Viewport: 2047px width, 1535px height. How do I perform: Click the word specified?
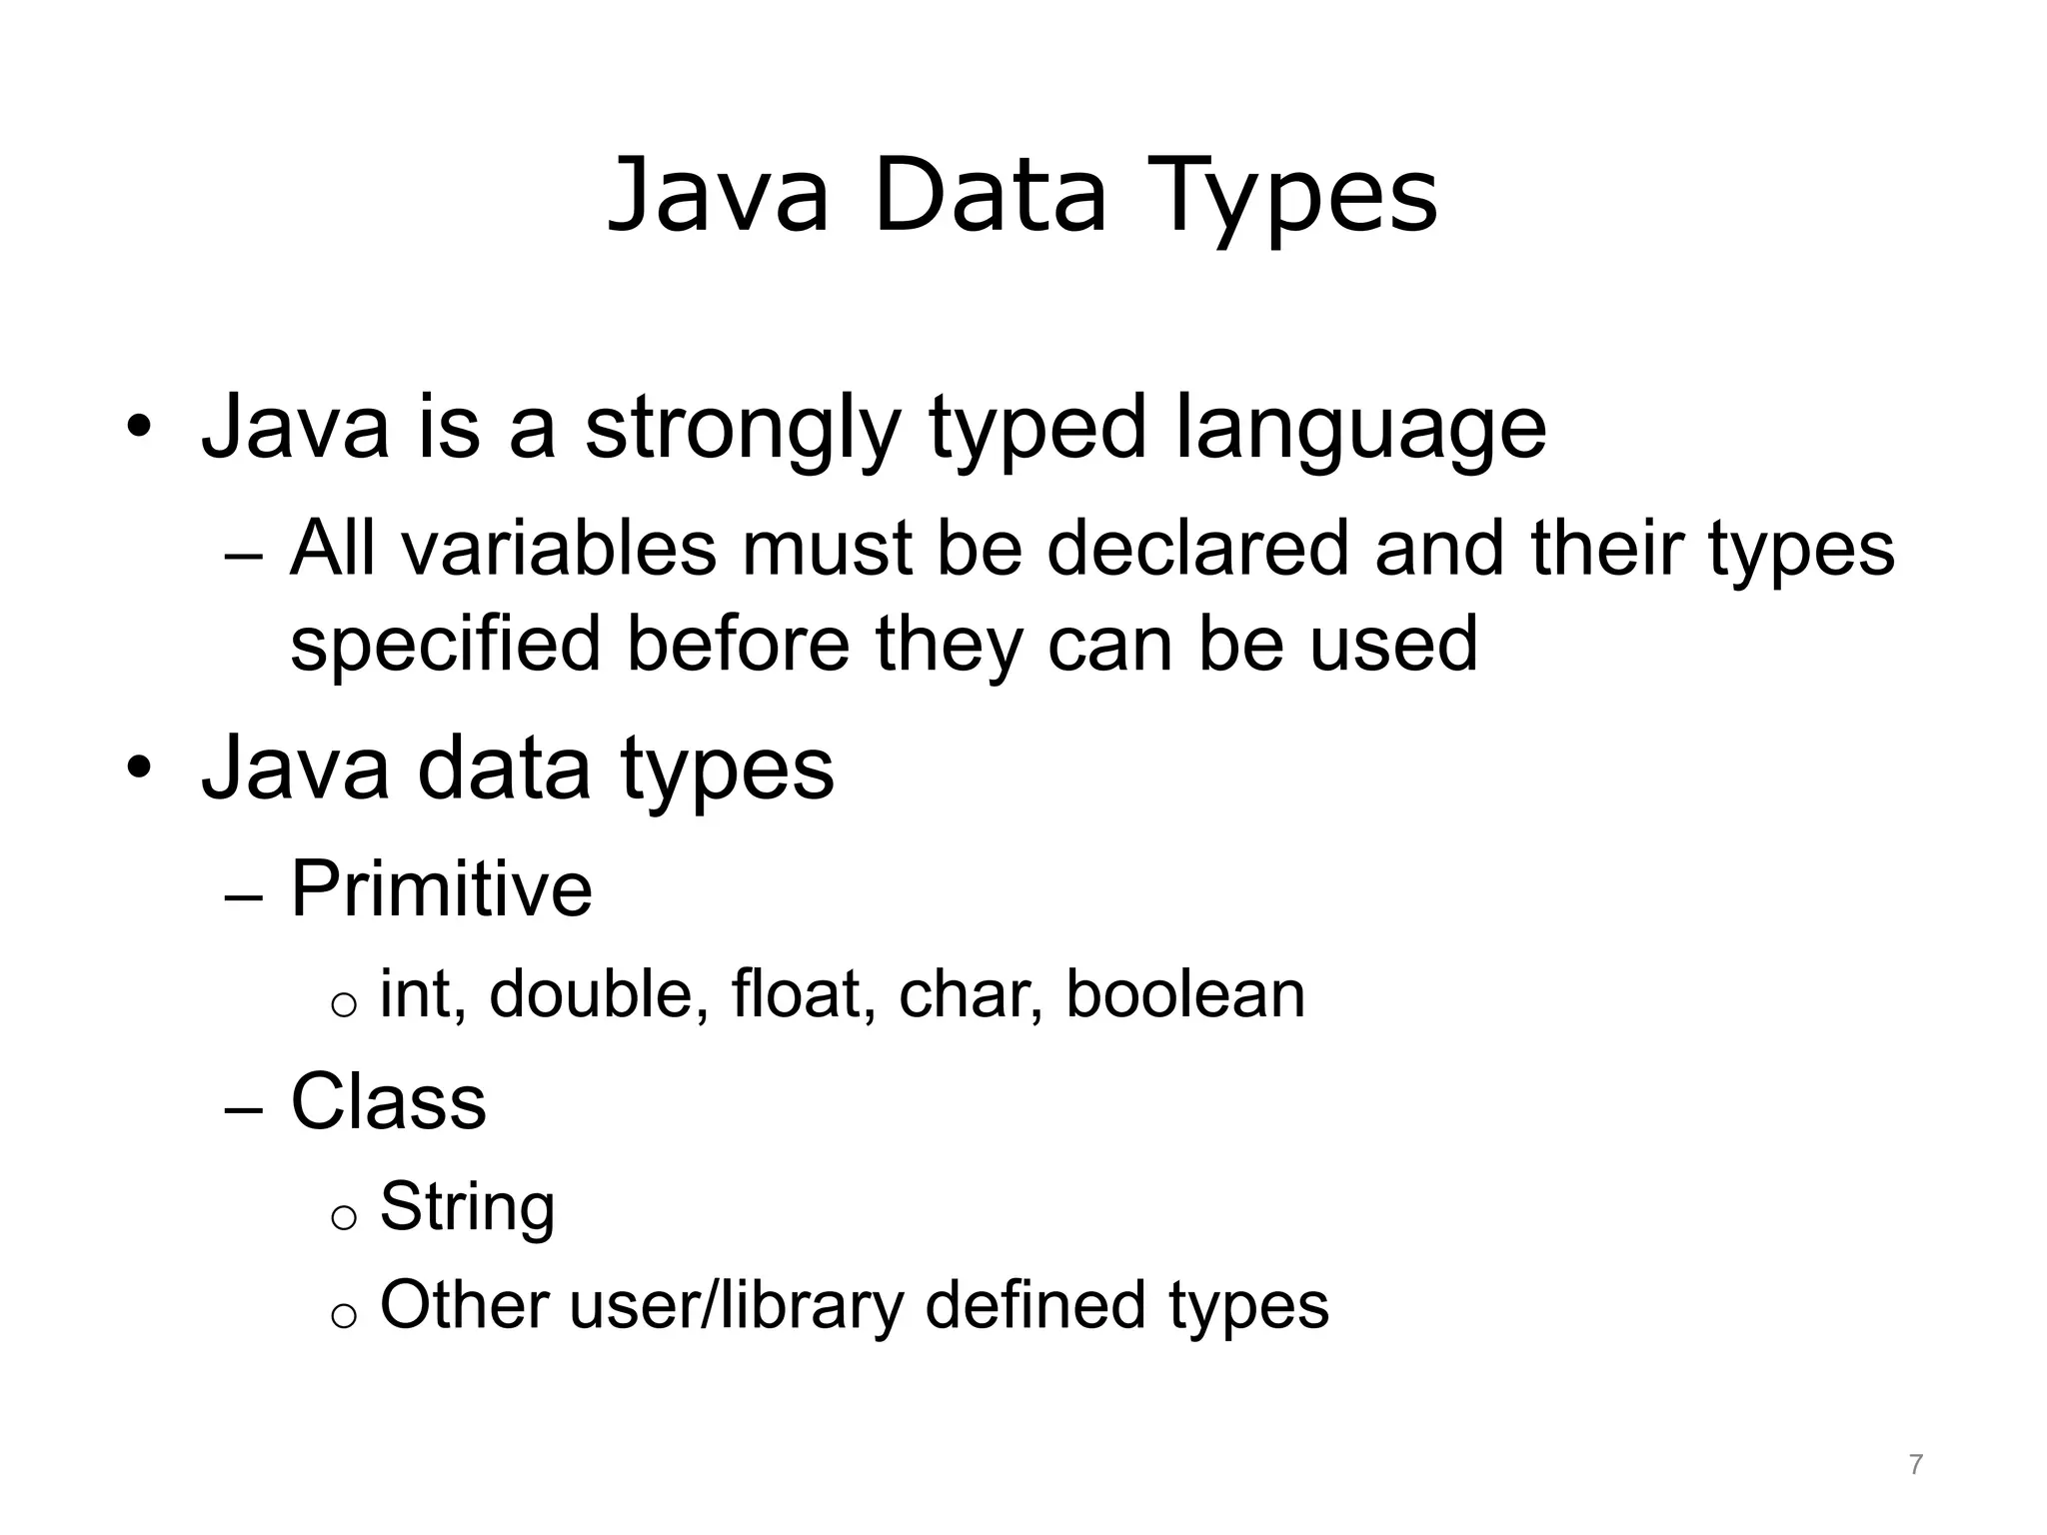click(x=445, y=644)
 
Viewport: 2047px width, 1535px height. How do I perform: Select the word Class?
click(x=388, y=1101)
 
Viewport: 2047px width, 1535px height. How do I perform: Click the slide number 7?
click(x=1915, y=1465)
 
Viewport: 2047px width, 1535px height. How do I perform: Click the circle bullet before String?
click(x=343, y=1216)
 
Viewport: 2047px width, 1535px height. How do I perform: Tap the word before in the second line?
click(x=738, y=644)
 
